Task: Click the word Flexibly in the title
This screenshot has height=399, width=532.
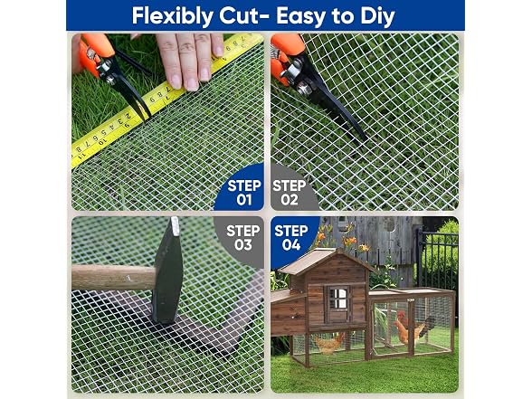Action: point(173,16)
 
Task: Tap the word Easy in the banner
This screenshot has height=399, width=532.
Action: point(301,16)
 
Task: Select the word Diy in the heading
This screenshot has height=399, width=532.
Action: point(377,16)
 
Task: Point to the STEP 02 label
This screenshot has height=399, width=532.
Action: point(290,193)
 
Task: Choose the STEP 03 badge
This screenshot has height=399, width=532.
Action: point(242,237)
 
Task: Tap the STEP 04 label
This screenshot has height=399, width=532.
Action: point(291,237)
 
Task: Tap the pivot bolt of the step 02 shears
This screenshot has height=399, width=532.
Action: point(303,89)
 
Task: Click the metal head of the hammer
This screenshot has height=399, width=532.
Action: point(168,271)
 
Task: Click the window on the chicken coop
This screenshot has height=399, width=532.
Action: point(338,299)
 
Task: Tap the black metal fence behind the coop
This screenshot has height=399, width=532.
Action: point(437,261)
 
